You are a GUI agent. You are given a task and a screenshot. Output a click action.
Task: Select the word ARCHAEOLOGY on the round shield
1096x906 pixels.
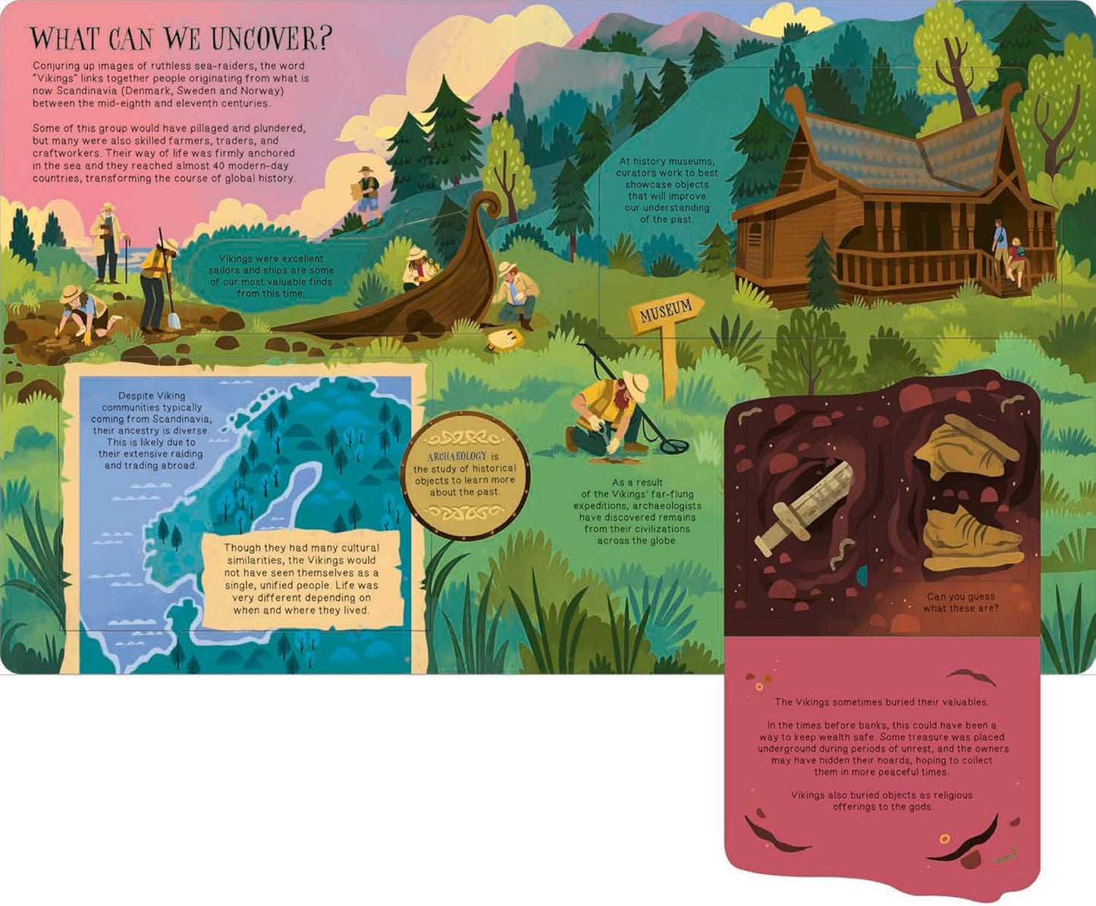tap(457, 456)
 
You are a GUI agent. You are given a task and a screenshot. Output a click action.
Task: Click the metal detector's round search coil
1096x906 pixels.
tap(674, 445)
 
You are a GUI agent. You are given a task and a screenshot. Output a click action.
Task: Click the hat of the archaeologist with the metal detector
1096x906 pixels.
tap(635, 386)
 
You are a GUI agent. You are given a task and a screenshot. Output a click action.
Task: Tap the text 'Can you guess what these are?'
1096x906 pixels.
tap(960, 603)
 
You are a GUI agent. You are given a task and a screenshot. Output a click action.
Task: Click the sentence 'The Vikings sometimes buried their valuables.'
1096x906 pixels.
tap(881, 702)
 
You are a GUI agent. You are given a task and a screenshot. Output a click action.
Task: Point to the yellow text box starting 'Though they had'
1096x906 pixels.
tap(301, 578)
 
